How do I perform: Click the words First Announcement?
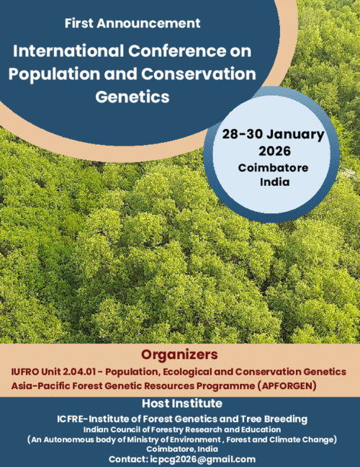pos(132,23)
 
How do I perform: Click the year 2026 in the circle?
pos(274,151)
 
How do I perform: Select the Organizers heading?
pos(179,355)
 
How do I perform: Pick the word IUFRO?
pos(27,371)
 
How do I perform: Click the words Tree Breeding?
pos(273,419)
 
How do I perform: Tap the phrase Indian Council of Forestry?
pos(139,429)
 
